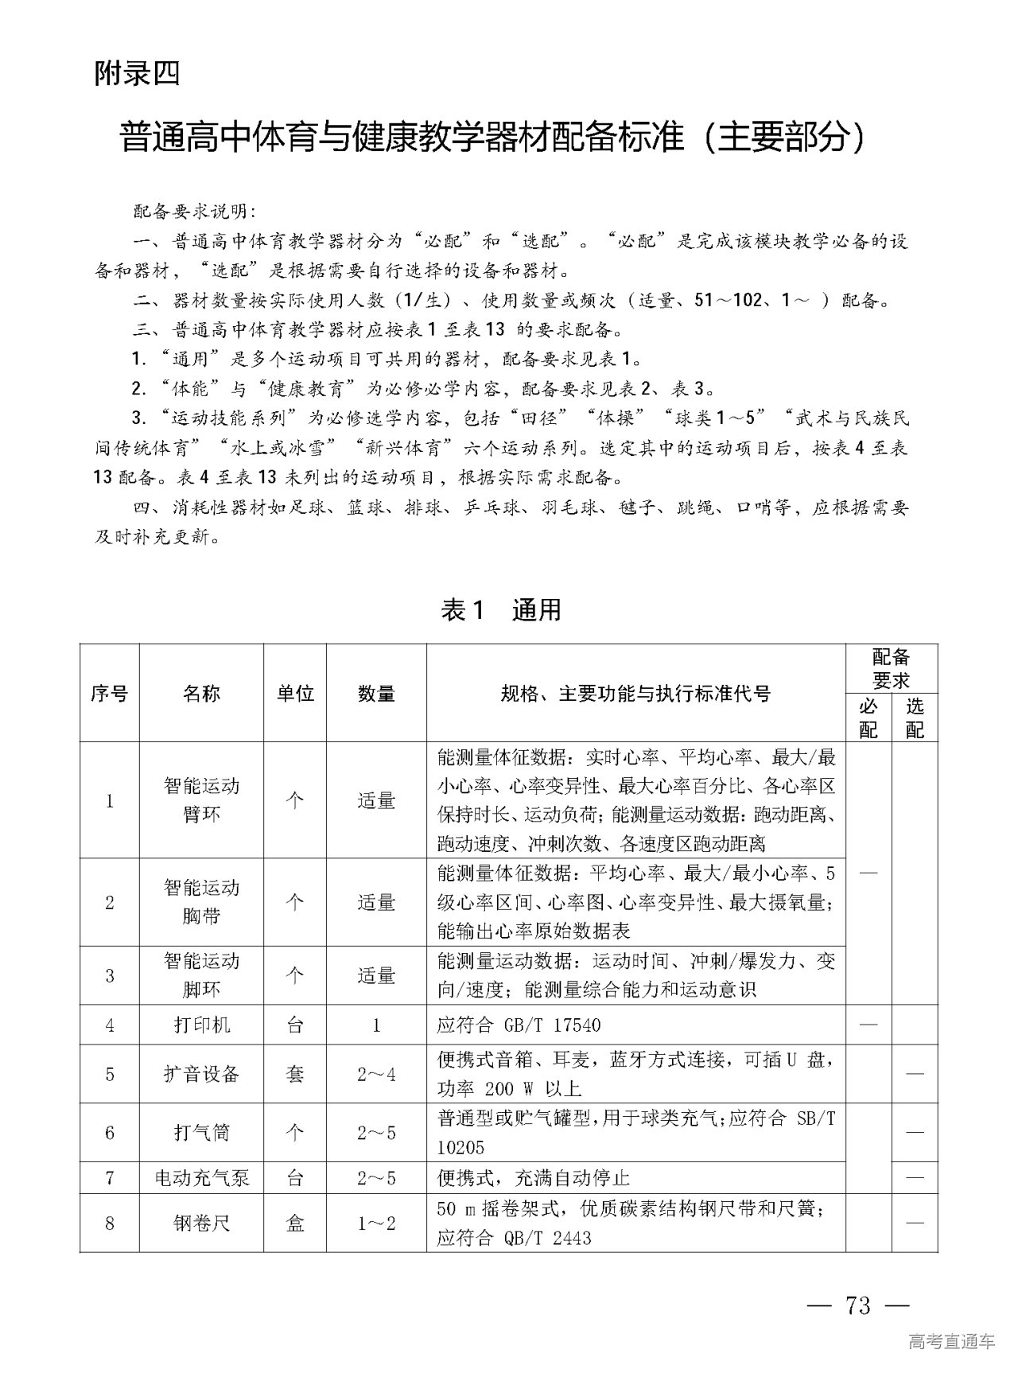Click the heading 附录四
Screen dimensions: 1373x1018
click(137, 74)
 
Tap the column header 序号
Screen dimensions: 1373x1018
click(109, 694)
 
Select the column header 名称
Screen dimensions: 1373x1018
click(201, 694)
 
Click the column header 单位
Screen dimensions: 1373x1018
click(295, 694)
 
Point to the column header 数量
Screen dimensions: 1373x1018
click(376, 694)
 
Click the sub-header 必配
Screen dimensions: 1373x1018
click(868, 718)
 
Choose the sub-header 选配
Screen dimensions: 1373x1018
click(915, 718)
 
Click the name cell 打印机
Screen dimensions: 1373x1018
click(201, 1025)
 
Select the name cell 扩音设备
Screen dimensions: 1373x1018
click(201, 1074)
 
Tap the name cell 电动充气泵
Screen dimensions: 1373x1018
click(201, 1177)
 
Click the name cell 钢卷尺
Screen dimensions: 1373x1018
click(201, 1223)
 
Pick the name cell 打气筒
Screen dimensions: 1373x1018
click(201, 1132)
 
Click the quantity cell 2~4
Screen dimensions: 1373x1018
click(376, 1074)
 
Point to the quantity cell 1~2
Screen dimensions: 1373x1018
click(376, 1223)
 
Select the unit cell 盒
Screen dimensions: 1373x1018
click(295, 1223)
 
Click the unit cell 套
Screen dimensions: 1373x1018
click(295, 1074)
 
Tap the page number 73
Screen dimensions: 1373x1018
click(859, 1305)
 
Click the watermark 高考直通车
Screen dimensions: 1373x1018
click(951, 1342)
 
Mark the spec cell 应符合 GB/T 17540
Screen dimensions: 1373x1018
click(519, 1025)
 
